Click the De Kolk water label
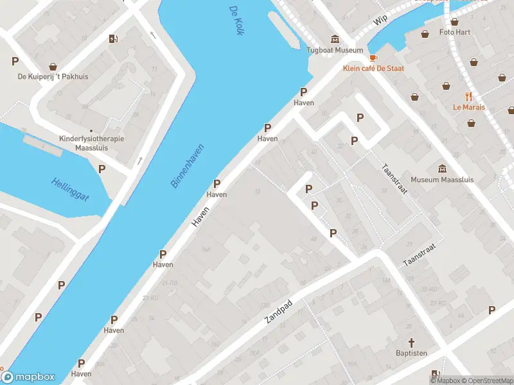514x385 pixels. click(235, 20)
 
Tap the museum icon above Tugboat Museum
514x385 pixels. click(334, 38)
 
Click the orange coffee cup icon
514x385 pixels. click(373, 57)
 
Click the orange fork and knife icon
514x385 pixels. click(468, 96)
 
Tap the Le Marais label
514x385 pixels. click(468, 107)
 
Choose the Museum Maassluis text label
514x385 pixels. click(442, 180)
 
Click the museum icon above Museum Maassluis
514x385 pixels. click(442, 169)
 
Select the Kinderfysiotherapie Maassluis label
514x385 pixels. click(91, 143)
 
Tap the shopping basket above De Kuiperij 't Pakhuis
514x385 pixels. click(53, 65)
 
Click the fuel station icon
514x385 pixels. click(114, 38)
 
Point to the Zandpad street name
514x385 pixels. click(278, 311)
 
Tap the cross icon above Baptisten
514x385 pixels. click(412, 343)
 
